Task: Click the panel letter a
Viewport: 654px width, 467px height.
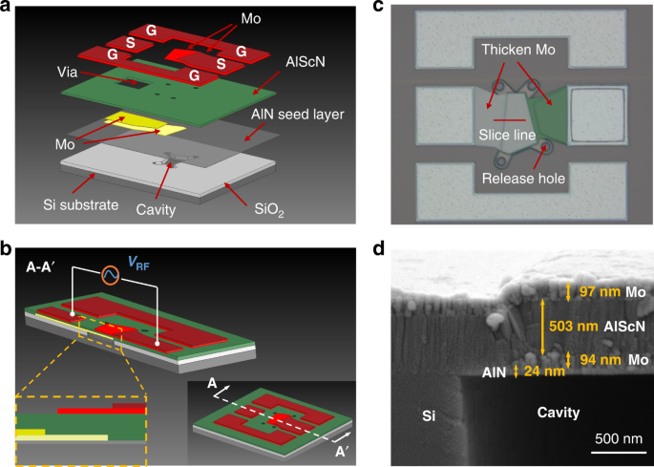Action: point(8,9)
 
